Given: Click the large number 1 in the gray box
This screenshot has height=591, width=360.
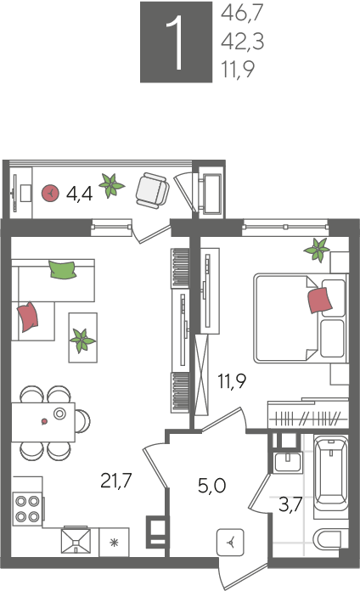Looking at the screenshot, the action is (x=176, y=42).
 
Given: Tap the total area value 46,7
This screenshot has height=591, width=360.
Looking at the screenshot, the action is (x=242, y=14).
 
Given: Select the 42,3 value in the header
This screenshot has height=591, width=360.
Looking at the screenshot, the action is (x=242, y=41).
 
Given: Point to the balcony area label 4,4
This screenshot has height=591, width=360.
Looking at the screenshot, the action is (x=79, y=194).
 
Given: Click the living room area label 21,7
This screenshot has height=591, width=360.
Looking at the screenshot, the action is (x=116, y=481).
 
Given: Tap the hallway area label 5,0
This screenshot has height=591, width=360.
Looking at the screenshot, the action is (x=212, y=486).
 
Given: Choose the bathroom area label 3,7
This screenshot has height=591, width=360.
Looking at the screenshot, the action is (x=290, y=504).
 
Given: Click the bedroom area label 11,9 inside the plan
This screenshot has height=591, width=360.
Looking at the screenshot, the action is (x=232, y=380).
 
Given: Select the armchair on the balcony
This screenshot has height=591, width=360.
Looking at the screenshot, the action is (x=152, y=190).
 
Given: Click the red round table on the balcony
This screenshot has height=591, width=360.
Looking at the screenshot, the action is (x=50, y=193).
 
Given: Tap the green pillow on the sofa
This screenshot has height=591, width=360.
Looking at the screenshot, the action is (x=62, y=269).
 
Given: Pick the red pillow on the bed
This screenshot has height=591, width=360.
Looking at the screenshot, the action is (x=319, y=300).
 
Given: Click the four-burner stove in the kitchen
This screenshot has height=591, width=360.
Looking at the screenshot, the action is (x=27, y=509).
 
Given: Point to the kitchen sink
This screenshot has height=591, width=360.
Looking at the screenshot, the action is (x=76, y=541).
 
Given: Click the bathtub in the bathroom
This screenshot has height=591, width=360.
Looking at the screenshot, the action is (x=331, y=474).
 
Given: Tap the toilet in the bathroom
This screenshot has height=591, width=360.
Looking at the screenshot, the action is (x=329, y=541).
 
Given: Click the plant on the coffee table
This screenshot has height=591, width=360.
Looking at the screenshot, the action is (x=82, y=340).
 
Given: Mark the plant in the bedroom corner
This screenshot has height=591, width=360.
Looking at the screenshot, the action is (x=318, y=250).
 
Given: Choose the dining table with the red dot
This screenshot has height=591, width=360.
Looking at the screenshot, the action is (x=43, y=422).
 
